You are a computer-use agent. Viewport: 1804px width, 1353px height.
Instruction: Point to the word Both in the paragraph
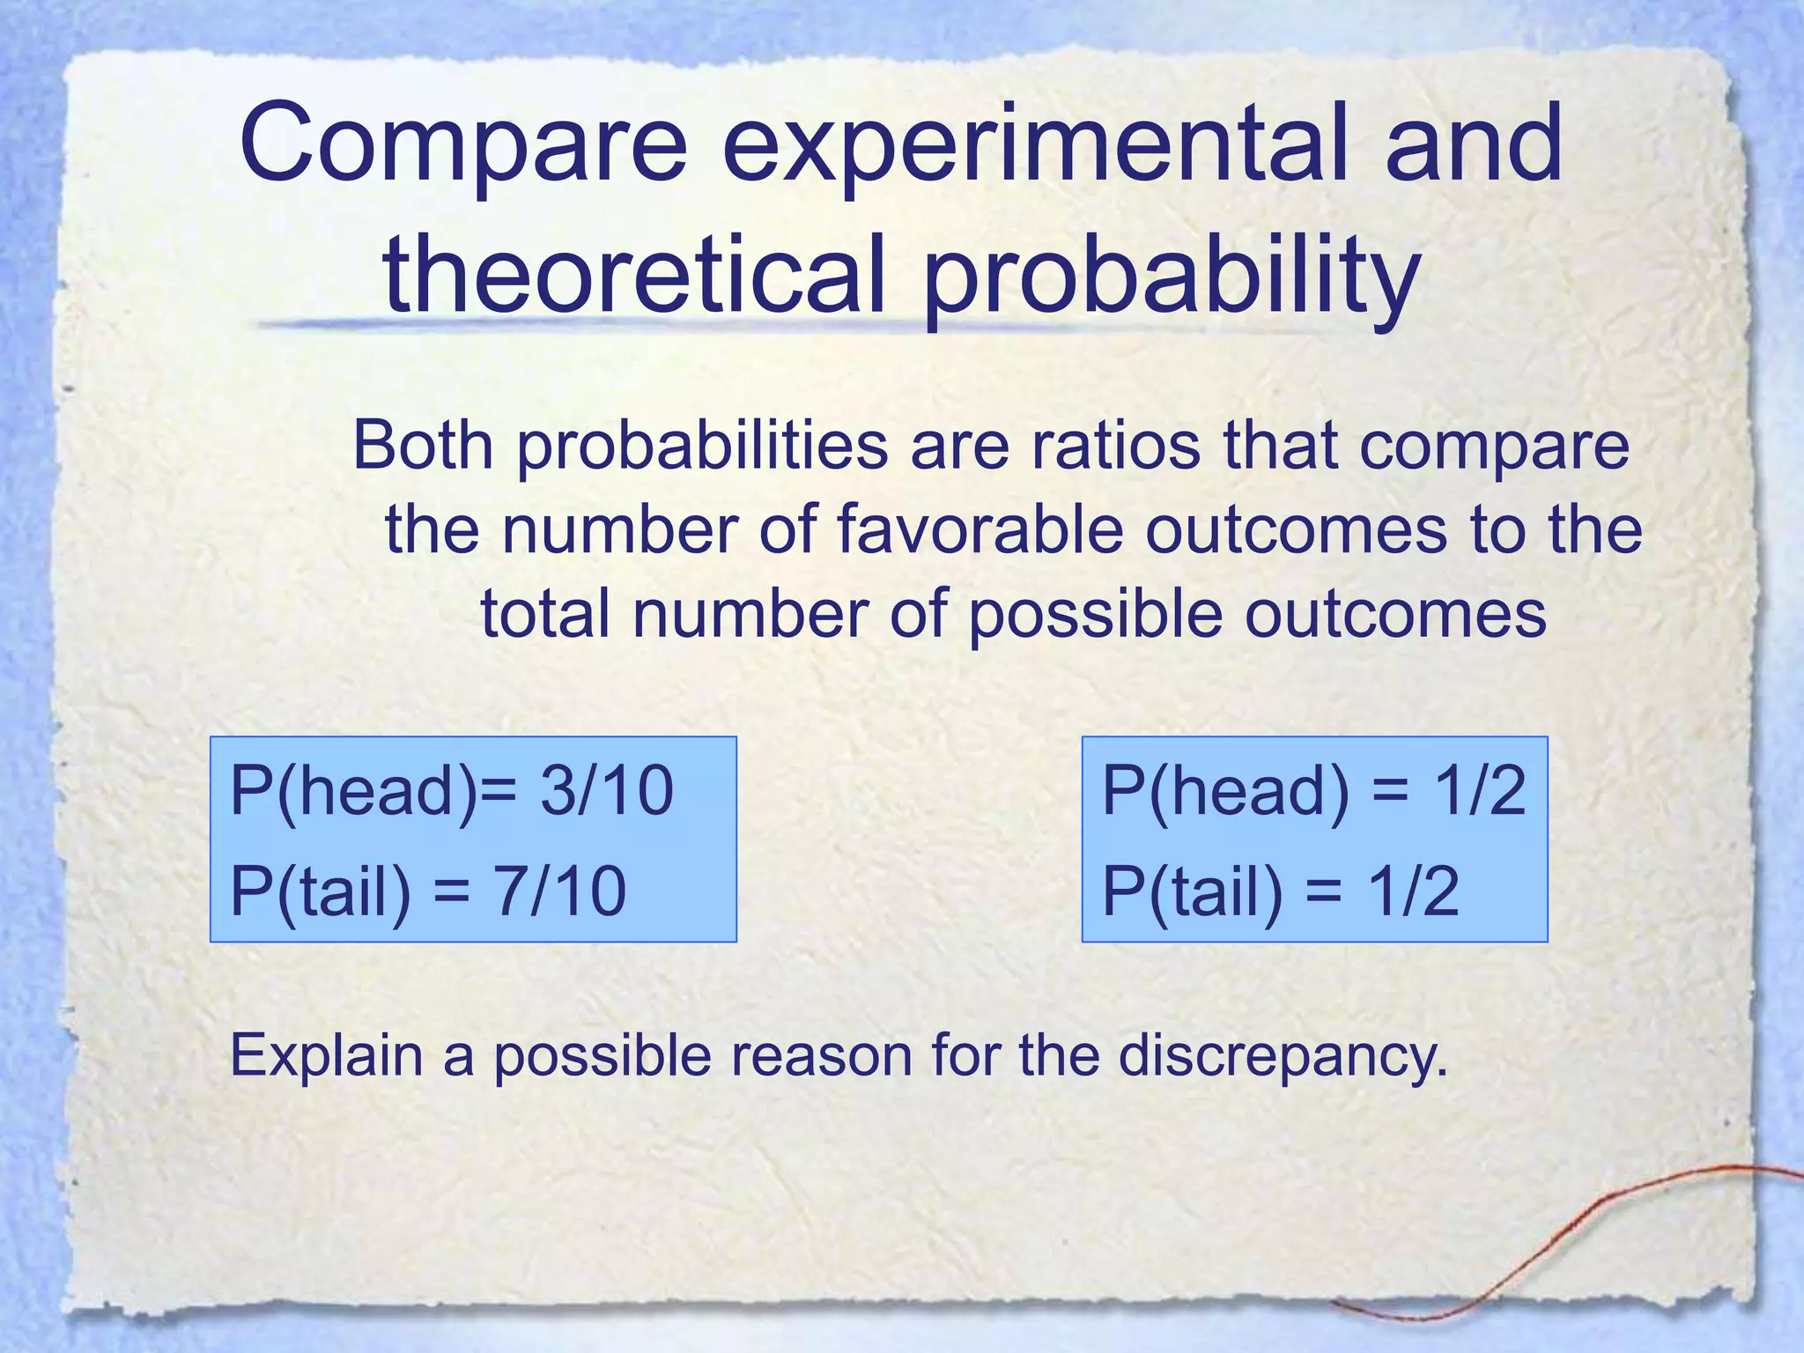tap(423, 445)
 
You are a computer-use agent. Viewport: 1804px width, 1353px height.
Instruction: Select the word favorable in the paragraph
tap(980, 529)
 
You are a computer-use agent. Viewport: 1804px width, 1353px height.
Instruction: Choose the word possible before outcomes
tap(1095, 615)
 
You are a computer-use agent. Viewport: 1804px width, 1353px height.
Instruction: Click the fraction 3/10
tap(607, 790)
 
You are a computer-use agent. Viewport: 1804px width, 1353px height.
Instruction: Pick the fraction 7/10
tap(559, 891)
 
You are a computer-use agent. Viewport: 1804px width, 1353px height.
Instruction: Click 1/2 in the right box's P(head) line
tap(1480, 790)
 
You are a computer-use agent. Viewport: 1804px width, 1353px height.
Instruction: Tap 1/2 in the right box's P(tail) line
tap(1413, 891)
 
